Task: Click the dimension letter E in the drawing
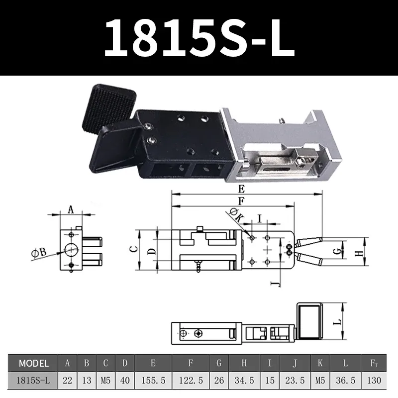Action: point(241,189)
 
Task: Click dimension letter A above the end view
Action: point(70,210)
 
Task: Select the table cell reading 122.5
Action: point(191,380)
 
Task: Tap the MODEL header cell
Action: point(33,363)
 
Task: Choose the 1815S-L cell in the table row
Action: point(33,380)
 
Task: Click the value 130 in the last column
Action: point(374,380)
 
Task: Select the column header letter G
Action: point(219,363)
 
